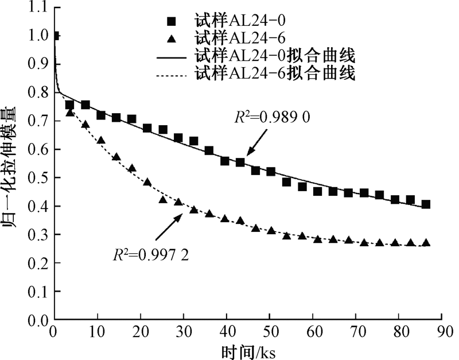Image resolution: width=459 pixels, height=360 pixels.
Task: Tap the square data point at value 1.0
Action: [x=56, y=36]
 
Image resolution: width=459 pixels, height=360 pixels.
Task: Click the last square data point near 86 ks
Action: [x=426, y=204]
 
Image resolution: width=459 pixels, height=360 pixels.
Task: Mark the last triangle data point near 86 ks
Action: [x=426, y=243]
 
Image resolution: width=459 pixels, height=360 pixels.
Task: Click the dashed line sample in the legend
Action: [x=172, y=74]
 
